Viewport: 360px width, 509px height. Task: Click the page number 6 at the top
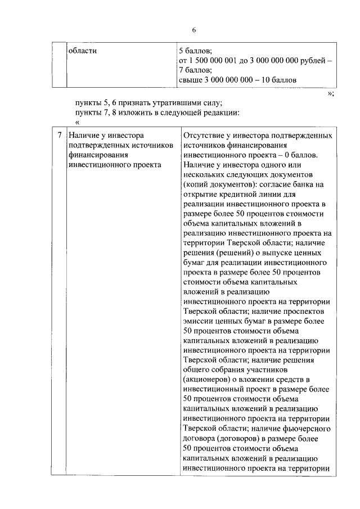point(193,30)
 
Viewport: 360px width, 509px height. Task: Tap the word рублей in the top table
point(314,60)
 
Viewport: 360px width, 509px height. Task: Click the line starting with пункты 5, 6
point(148,102)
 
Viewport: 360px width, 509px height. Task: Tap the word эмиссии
point(199,321)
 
